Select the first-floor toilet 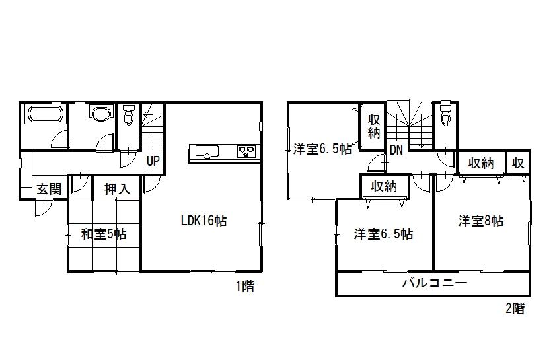point(128,116)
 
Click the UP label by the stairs point(153,160)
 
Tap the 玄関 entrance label point(48,189)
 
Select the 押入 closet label point(118,189)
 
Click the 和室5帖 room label point(104,234)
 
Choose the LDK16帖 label point(204,221)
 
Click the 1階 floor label point(244,287)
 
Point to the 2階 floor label point(515,308)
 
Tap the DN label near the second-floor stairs point(396,150)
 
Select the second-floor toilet point(445,115)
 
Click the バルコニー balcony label point(435,283)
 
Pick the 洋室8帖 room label point(481,221)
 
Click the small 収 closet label point(518,163)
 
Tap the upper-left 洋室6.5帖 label point(322,149)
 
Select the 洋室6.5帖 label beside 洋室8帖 point(383,234)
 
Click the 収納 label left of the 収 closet point(482,163)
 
